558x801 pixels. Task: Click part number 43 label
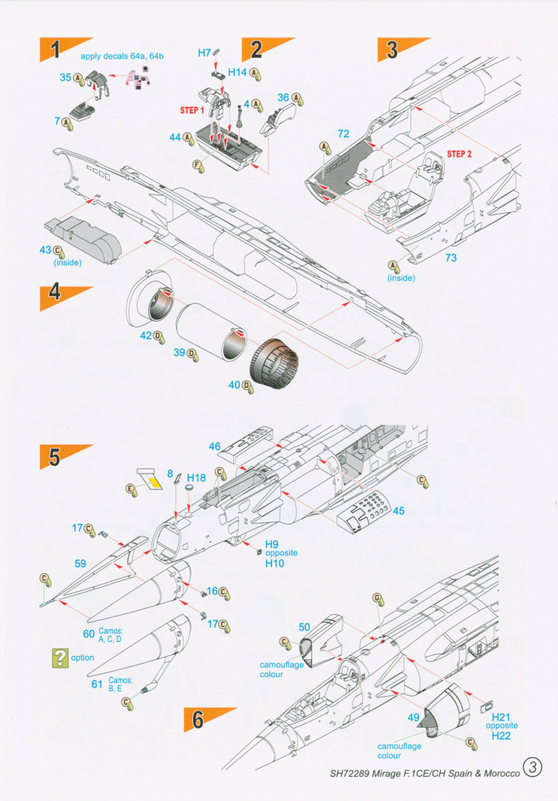click(45, 250)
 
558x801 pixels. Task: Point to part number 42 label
click(145, 335)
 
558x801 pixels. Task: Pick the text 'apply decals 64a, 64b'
click(116, 56)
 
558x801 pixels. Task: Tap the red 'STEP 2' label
click(460, 154)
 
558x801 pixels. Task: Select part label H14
click(238, 72)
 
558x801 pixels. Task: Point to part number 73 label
click(450, 257)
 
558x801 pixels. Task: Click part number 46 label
click(215, 446)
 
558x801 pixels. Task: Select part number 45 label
click(398, 511)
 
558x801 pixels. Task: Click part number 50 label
click(304, 626)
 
